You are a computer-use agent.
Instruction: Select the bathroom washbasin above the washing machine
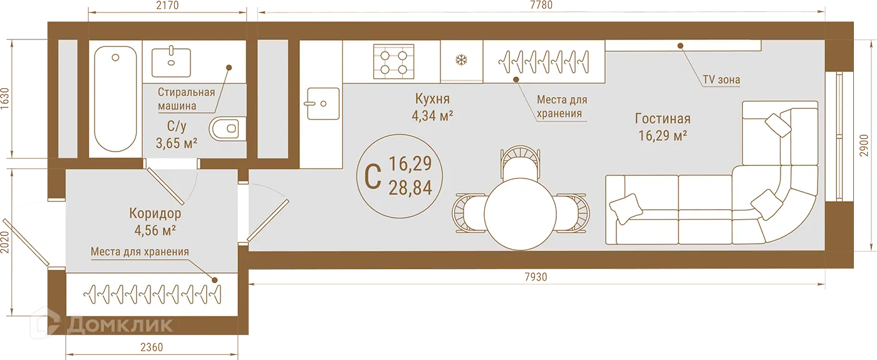point(172,61)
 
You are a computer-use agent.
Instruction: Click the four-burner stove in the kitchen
point(393,61)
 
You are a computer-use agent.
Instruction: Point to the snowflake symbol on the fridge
point(462,61)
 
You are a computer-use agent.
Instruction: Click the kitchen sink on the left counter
point(322,104)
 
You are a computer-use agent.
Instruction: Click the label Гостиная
point(662,119)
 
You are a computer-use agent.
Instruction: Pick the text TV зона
point(721,80)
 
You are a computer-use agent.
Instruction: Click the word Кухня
point(432,99)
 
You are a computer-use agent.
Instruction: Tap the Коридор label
point(155,214)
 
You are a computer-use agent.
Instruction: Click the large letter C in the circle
point(373,176)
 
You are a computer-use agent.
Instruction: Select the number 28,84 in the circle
point(410,187)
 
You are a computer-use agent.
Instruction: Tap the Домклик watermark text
point(119,325)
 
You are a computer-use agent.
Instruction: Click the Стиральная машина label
point(186,99)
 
